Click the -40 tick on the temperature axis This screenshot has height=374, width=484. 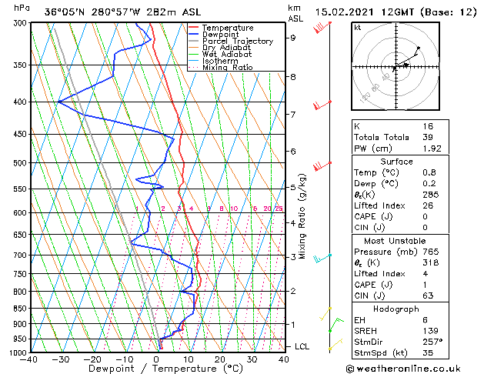[x=30, y=359]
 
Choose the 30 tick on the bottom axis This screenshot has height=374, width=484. [x=252, y=359]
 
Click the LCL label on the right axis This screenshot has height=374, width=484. [x=302, y=347]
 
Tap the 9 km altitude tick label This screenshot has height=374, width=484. [x=293, y=38]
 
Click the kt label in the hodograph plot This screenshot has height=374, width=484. [x=357, y=28]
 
